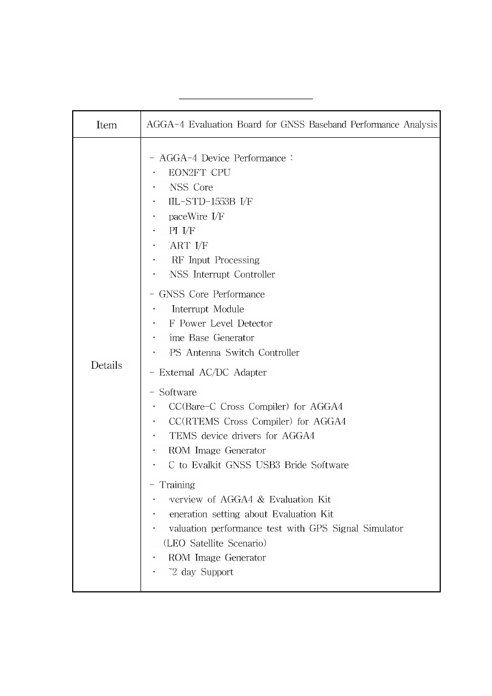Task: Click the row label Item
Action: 106,125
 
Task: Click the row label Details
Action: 106,365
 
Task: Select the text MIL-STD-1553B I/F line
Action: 210,202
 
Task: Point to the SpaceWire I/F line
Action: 196,217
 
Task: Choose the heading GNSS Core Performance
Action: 207,294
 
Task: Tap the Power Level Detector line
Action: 220,323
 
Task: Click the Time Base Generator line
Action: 212,338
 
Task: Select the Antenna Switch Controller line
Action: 234,353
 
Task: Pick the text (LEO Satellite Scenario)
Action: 215,543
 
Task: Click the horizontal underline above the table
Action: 246,99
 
